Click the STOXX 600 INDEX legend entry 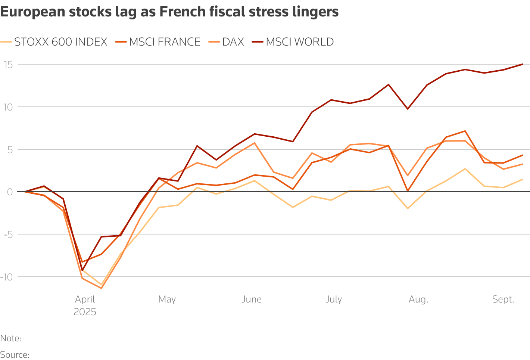pyautogui.click(x=60, y=42)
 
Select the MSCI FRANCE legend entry pyautogui.click(x=165, y=42)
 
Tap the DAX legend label pyautogui.click(x=233, y=42)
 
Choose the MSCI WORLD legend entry pyautogui.click(x=300, y=42)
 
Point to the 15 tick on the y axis pyautogui.click(x=8, y=65)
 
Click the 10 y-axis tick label pyautogui.click(x=8, y=107)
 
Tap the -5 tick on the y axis pyautogui.click(x=8, y=235)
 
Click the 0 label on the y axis pyautogui.click(x=10, y=192)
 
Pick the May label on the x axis pyautogui.click(x=167, y=300)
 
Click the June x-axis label pyautogui.click(x=252, y=300)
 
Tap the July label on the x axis pyautogui.click(x=334, y=300)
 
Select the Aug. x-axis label pyautogui.click(x=418, y=300)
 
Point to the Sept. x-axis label pyautogui.click(x=503, y=300)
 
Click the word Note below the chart pyautogui.click(x=10, y=339)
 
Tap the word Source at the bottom pyautogui.click(x=14, y=354)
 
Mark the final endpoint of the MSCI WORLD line pyautogui.click(x=523, y=64)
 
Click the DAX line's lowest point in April pyautogui.click(x=101, y=288)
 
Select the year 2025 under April pyautogui.click(x=85, y=312)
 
